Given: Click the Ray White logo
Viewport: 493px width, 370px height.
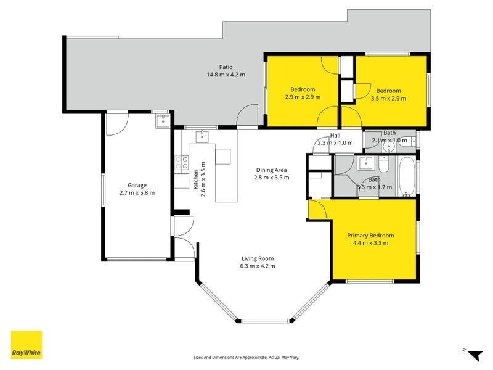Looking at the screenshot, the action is click(x=26, y=344).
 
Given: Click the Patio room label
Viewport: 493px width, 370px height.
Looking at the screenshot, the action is click(x=226, y=67).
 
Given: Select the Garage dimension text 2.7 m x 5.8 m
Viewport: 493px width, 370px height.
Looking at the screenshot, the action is click(x=137, y=193).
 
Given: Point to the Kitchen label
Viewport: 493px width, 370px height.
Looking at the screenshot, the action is click(x=196, y=179).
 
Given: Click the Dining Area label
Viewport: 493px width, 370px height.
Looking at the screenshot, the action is click(x=271, y=170).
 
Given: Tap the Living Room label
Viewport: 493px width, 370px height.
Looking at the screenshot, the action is click(x=258, y=258).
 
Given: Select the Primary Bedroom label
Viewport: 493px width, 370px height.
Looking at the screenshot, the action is click(x=370, y=236).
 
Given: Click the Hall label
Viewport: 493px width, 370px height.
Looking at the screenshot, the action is click(x=335, y=135).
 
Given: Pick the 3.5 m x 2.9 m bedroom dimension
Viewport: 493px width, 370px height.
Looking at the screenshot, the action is click(x=389, y=99).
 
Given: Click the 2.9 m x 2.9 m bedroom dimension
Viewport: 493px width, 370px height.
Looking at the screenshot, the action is click(x=303, y=97).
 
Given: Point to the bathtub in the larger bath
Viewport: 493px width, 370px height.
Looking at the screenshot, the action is click(x=407, y=176).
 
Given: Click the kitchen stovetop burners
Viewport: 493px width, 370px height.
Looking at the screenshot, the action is click(x=181, y=163).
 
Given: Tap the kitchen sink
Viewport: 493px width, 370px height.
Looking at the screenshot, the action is click(x=203, y=136).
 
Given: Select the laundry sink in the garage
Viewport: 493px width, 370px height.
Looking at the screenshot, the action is click(x=163, y=120).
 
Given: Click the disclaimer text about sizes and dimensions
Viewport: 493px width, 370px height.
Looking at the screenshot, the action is click(x=246, y=358).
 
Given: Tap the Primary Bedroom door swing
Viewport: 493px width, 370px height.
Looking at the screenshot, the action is click(x=318, y=209).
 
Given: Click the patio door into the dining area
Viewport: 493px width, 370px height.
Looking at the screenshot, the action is click(x=248, y=115).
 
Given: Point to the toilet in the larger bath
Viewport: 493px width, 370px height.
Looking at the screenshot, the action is click(x=383, y=165).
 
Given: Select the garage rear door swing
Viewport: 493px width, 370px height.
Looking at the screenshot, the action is click(x=118, y=124).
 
